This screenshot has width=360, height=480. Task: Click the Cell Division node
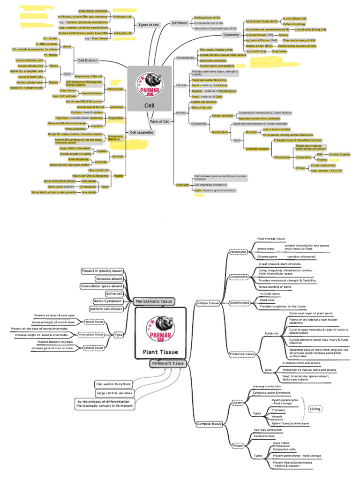coord(88,60)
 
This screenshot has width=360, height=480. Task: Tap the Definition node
coord(180,22)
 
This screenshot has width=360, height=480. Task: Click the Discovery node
coord(231,35)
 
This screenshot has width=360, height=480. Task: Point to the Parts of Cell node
coord(159,121)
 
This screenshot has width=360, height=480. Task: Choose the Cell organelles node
coord(142,133)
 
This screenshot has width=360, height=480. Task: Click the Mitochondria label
coord(115,89)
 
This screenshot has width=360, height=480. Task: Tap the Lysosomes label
coord(116,107)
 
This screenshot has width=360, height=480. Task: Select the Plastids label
coord(119,176)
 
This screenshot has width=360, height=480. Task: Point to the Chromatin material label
coord(257,149)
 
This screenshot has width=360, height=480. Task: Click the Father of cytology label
coord(294,23)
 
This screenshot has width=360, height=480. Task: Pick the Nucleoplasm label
coord(220,132)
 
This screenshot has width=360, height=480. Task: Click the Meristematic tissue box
coord(154,301)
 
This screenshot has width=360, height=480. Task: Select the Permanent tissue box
coord(167,363)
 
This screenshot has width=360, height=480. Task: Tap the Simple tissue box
coord(208,303)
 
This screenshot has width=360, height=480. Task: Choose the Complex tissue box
coord(209,424)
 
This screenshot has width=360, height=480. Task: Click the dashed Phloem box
coord(239,445)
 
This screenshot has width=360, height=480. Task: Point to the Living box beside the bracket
coord(315,409)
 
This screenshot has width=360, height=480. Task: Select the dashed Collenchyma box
coord(239,277)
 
